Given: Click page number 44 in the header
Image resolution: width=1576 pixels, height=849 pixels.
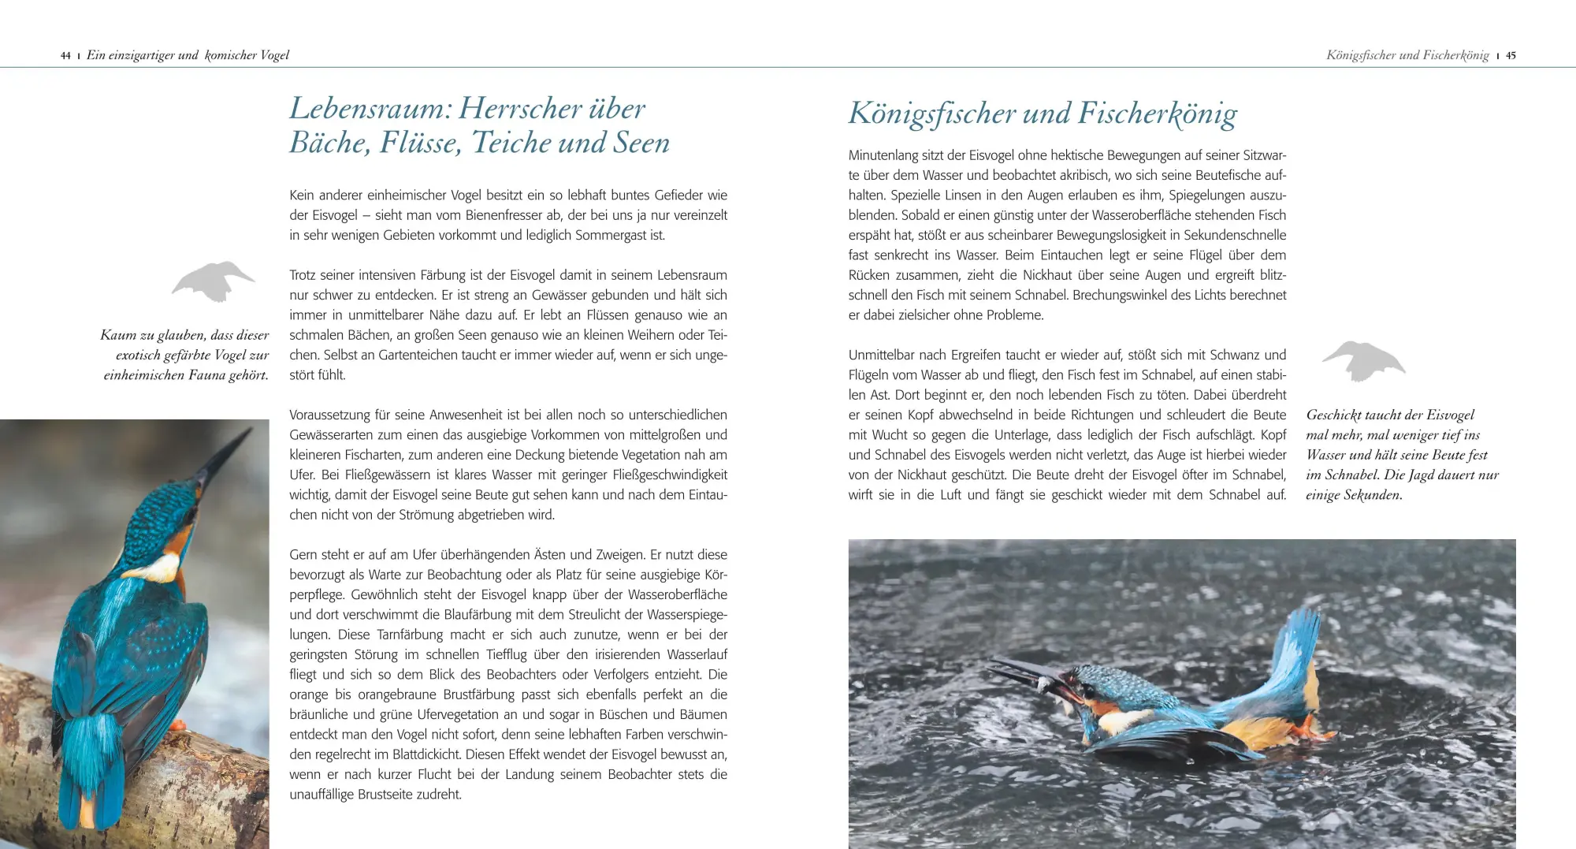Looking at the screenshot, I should pos(65,56).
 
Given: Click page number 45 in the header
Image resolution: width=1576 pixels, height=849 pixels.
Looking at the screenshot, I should pos(1511,56).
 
